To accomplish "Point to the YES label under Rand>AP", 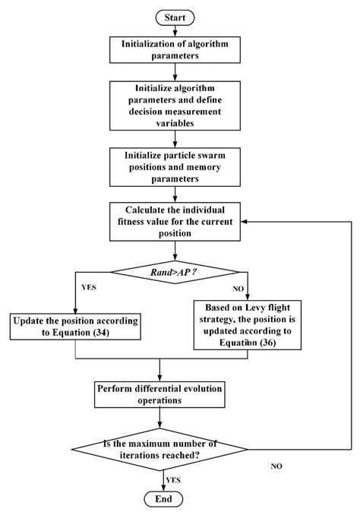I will tap(66, 288).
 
